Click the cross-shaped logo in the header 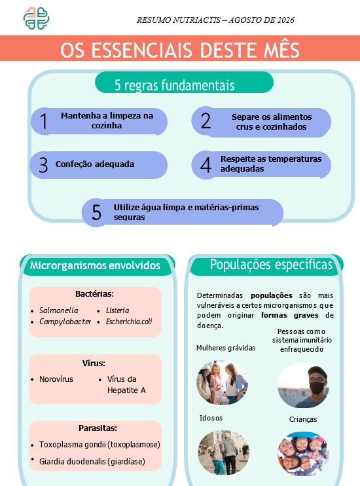pos(36,18)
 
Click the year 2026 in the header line pos(285,20)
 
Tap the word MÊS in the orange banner pos(281,50)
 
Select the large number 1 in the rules pos(44,121)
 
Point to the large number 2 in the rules pos(206,121)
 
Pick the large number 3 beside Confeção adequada pos(43,165)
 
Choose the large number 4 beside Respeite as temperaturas pos(206,165)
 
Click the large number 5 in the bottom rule pos(97,212)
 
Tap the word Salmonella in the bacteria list pos(58,310)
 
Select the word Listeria pos(117,310)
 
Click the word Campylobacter pos(65,322)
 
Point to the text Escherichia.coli pos(129,322)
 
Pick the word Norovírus pos(56,379)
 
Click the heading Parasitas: pos(98,428)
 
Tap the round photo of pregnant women pos(222,383)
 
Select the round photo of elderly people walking pos(223,452)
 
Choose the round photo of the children pos(303,454)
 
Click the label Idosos pos(211,418)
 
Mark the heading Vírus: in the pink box pos(94,363)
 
